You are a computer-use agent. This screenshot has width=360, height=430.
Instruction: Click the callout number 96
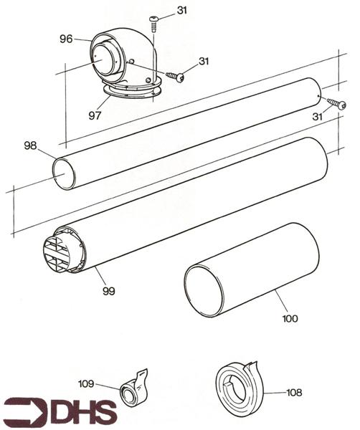[66, 39]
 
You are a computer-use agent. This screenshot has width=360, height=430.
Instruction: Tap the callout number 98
[30, 145]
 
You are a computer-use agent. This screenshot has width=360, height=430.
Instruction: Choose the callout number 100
[290, 317]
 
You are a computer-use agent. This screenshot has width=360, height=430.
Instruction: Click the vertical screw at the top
[153, 24]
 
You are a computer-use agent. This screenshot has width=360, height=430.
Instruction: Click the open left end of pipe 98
[64, 174]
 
